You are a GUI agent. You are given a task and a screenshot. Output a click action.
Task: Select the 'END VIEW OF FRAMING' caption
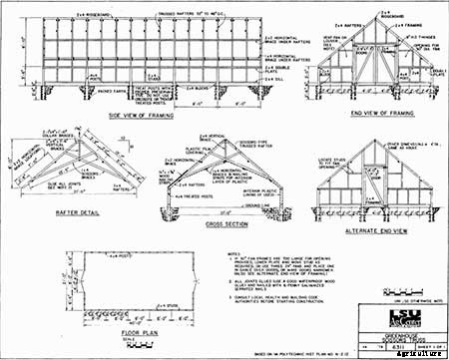[385, 116]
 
